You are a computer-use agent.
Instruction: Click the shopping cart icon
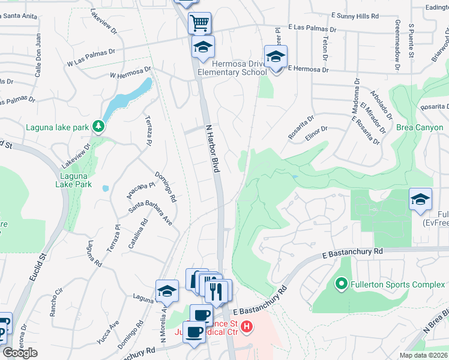pos(199,23)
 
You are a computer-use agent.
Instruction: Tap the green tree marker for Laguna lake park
pos(98,127)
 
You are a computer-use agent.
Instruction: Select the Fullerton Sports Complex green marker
pos(341,283)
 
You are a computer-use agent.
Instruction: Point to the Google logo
pos(20,353)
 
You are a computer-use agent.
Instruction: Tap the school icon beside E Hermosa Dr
pos(276,58)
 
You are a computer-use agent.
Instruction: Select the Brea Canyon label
pos(420,128)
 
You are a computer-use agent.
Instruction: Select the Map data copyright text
pos(424,355)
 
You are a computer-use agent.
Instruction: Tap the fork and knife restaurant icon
pos(217,292)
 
